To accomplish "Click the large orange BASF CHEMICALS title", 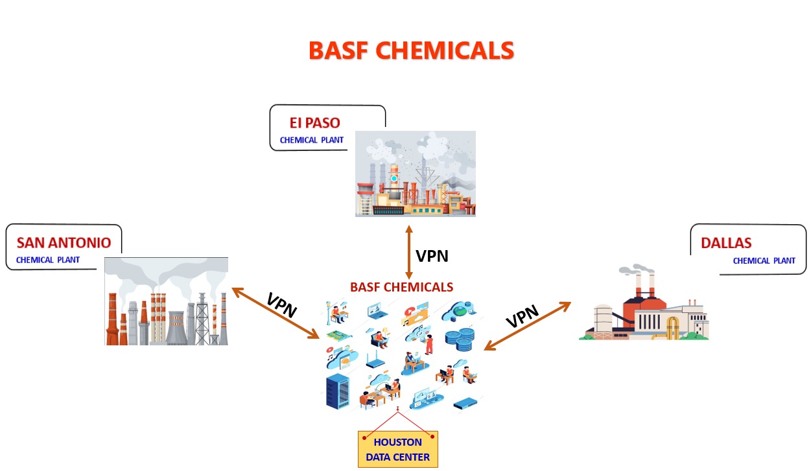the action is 411,51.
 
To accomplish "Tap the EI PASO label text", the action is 314,123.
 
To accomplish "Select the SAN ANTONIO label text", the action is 64,243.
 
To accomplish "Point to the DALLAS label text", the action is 726,243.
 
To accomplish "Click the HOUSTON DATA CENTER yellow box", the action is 398,449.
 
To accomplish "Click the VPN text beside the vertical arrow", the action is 432,256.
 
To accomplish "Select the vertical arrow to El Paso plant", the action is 409,252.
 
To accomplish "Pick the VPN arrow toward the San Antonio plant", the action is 276,314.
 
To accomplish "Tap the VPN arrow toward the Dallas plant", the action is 528,327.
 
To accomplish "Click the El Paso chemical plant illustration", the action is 416,174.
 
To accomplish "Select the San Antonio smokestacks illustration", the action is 166,301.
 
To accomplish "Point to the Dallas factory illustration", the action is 644,303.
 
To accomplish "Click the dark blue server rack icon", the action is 338,391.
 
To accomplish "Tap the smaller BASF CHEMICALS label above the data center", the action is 401,287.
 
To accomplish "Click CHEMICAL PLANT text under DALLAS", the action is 764,261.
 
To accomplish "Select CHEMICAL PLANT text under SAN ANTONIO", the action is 48,260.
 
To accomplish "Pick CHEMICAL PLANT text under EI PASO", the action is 311,140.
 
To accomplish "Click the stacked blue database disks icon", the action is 460,339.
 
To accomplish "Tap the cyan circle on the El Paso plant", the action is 394,178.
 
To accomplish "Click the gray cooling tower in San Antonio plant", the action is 177,328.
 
